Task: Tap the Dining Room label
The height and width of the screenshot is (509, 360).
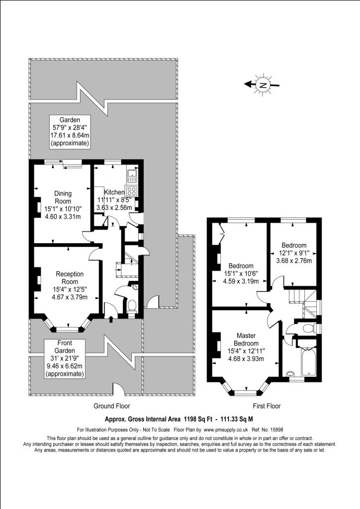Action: pos(63,197)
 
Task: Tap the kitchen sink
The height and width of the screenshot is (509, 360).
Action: pos(133,174)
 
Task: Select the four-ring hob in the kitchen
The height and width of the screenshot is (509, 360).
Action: pos(132,191)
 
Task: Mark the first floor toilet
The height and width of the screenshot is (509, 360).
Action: pos(308,328)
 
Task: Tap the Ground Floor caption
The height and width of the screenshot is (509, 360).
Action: pos(112,406)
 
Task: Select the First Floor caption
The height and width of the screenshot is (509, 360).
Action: pos(267,406)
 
